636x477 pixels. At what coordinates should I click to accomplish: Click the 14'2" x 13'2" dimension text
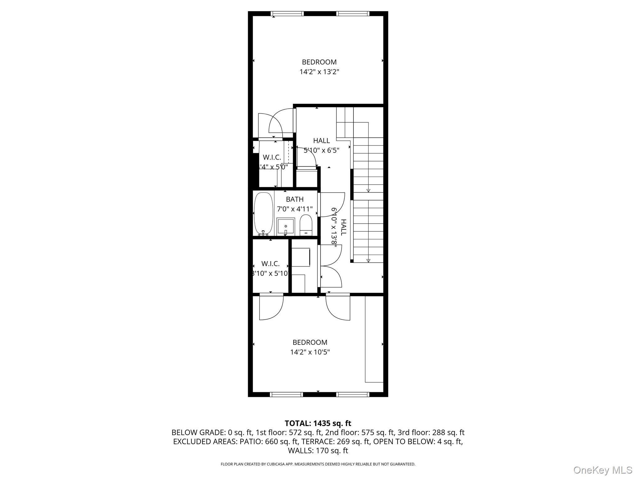[319, 72]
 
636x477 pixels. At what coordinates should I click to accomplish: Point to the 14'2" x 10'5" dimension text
[310, 352]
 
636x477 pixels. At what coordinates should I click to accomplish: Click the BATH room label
[295, 199]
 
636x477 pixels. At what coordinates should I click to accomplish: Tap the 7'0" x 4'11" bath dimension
[295, 209]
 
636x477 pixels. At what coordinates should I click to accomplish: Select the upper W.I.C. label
[272, 157]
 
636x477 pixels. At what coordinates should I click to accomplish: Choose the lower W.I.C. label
[270, 264]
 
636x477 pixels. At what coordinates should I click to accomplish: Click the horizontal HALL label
[321, 141]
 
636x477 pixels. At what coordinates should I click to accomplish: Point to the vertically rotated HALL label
[343, 227]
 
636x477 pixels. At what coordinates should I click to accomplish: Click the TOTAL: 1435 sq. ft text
[318, 423]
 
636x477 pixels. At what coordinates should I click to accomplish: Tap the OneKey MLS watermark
[603, 470]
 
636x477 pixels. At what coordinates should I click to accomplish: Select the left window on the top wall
[287, 14]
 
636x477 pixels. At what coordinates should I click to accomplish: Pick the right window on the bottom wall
[353, 394]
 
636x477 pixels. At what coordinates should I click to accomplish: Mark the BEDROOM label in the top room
[319, 62]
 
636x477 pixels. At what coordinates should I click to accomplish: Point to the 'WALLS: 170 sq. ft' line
[318, 451]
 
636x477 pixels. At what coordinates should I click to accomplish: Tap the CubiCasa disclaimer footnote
[318, 464]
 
